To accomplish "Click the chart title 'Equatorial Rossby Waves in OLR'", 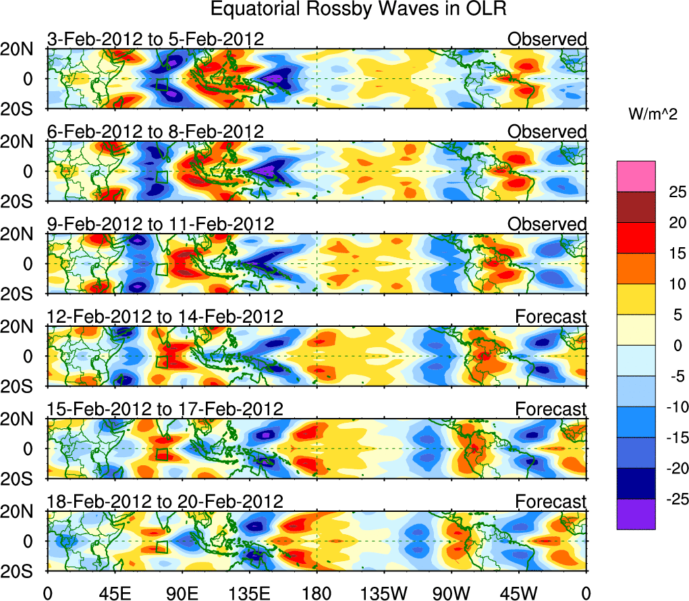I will [x=358, y=9].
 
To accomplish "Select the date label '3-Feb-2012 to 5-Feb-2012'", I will [x=156, y=39].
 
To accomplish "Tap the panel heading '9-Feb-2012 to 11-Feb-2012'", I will [x=161, y=224].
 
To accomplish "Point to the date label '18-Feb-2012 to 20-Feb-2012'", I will [x=165, y=502].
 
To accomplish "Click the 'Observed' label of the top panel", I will [x=547, y=39].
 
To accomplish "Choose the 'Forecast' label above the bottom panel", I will [x=551, y=502].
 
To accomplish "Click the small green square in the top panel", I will [x=161, y=84].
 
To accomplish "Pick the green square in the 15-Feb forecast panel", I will [x=161, y=454].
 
